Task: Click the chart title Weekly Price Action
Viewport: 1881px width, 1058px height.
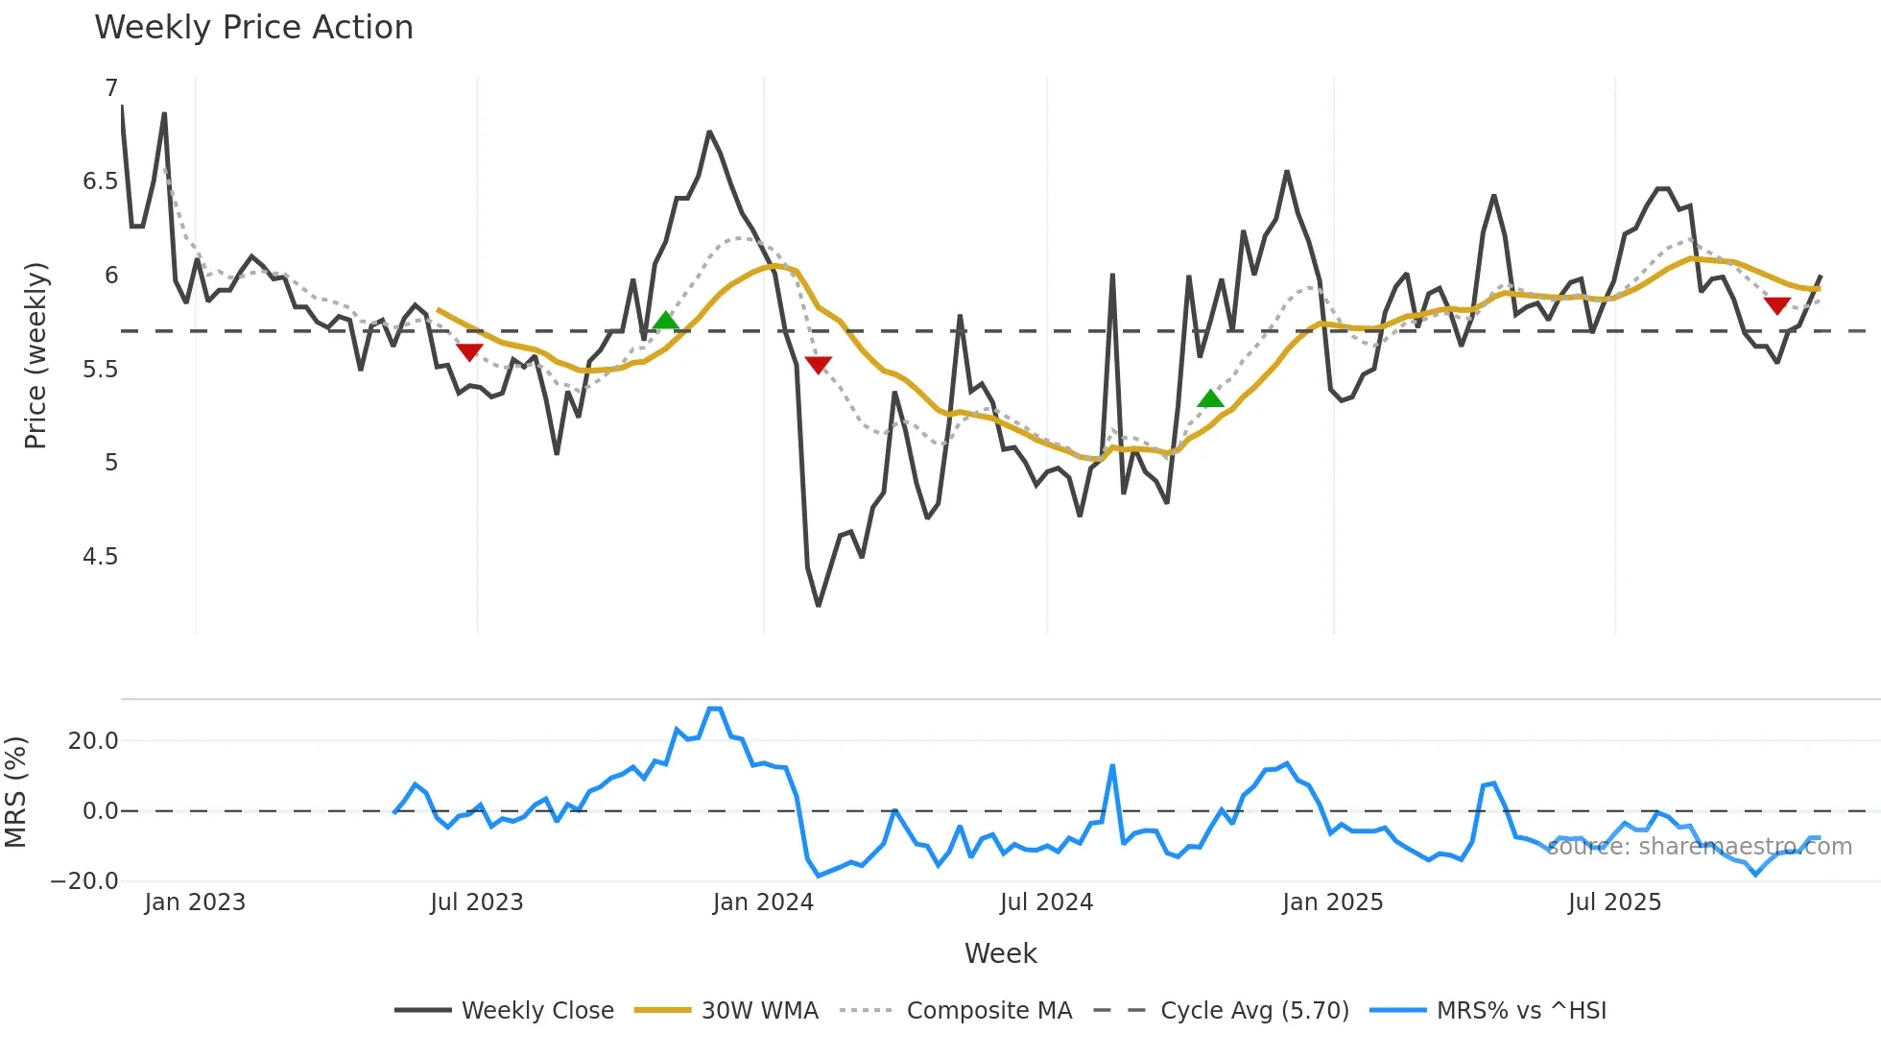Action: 253,27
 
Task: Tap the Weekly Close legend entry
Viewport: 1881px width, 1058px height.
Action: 536,1011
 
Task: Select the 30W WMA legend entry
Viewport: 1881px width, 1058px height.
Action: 759,1011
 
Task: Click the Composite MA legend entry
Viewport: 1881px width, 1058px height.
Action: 988,1011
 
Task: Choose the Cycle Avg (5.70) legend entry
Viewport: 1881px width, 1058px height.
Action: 1254,1011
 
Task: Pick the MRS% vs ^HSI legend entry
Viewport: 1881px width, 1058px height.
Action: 1521,1011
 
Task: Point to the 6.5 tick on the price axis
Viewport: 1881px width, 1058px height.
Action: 100,181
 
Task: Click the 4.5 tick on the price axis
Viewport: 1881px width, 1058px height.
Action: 100,557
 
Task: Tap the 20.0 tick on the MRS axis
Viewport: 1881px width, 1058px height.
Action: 93,741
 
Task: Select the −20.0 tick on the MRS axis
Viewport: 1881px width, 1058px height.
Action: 84,881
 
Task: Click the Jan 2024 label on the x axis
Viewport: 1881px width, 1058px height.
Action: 763,902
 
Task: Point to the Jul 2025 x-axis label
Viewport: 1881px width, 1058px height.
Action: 1614,902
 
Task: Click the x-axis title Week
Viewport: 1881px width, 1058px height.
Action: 1000,953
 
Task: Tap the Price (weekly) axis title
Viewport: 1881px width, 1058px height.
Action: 36,355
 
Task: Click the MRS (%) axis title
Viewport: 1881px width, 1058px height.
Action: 15,792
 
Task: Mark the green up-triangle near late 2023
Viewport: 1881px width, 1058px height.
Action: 665,321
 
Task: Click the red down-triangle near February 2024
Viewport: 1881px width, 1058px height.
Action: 818,365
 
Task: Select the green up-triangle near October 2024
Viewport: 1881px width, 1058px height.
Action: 1211,398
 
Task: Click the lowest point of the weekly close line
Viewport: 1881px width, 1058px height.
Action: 818,605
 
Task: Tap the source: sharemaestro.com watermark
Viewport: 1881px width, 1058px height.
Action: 1699,847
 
